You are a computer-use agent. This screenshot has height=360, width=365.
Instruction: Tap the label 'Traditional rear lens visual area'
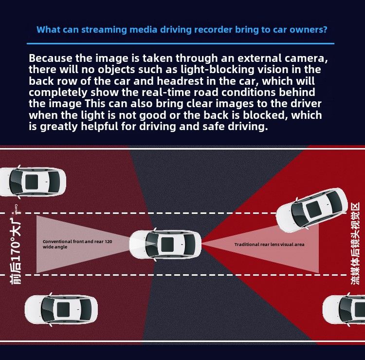click(x=269, y=244)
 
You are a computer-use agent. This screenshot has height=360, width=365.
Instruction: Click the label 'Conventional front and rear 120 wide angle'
click(x=77, y=244)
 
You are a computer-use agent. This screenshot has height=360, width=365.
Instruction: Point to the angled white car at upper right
click(x=312, y=208)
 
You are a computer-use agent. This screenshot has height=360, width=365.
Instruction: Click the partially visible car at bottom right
click(x=345, y=309)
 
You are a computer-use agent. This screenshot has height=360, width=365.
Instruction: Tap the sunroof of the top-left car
click(x=32, y=181)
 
